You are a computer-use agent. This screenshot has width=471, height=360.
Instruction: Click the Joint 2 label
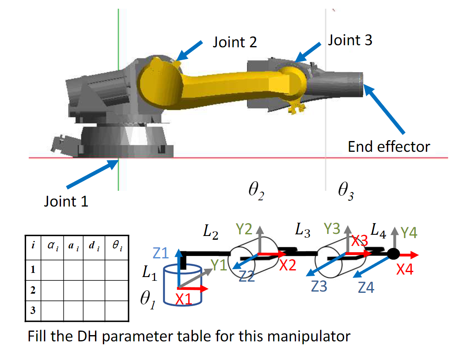pyautogui.click(x=235, y=42)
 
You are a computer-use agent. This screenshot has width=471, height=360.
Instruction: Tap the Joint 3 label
pyautogui.click(x=350, y=40)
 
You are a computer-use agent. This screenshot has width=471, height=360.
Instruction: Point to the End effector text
pyautogui.click(x=388, y=146)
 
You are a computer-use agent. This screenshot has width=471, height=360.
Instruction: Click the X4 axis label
pyautogui.click(x=405, y=270)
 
